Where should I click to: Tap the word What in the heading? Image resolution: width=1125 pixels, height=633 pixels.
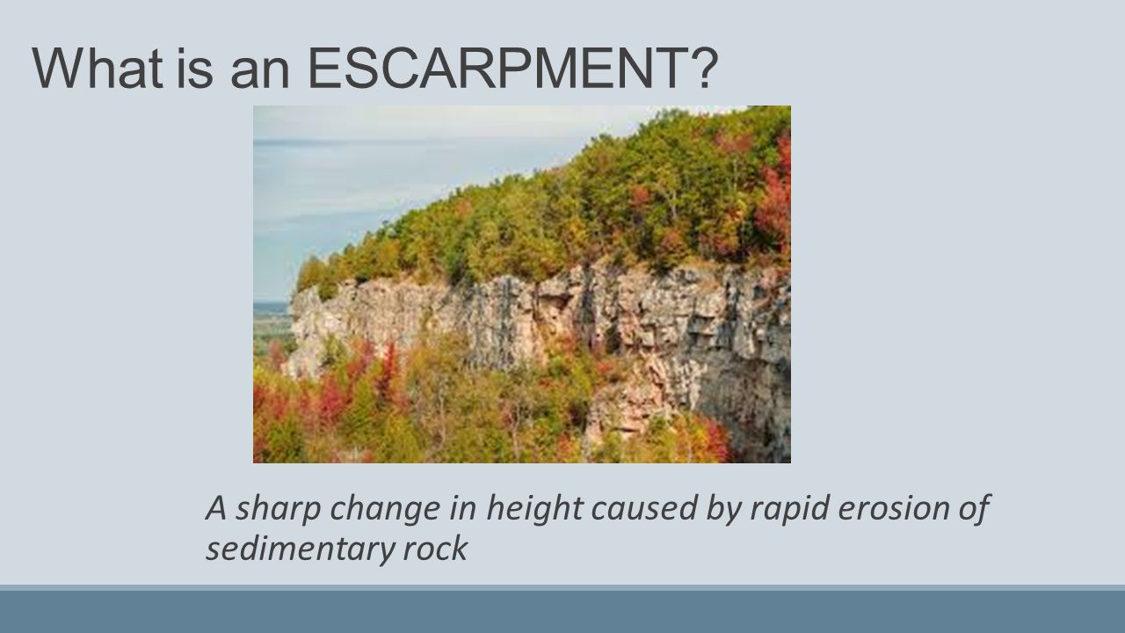tap(98, 69)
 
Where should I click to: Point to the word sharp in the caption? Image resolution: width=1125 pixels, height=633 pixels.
tap(279, 508)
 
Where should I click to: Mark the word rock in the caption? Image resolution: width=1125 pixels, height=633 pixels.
tap(436, 548)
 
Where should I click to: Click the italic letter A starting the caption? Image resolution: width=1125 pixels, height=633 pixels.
tap(216, 507)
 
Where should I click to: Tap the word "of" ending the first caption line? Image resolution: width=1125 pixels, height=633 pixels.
tap(973, 508)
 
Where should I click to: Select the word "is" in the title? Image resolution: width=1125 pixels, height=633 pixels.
tap(195, 69)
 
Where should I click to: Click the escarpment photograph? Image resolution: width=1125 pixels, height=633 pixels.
tap(522, 284)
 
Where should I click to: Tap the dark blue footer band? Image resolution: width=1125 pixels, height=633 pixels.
tap(562, 611)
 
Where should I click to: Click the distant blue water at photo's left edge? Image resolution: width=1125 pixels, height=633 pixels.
tap(272, 307)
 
